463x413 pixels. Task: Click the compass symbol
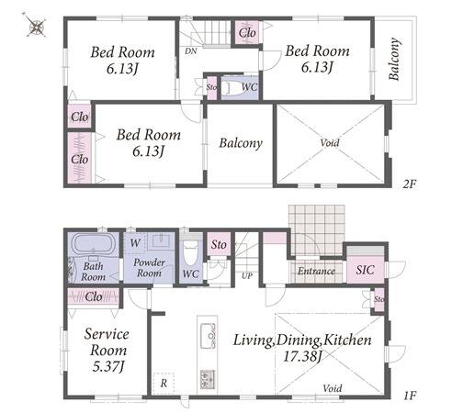tap(36, 26)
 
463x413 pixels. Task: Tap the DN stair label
tap(191, 51)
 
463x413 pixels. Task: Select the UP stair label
tap(247, 275)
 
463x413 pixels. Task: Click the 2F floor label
tap(409, 184)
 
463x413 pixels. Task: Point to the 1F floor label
tap(410, 396)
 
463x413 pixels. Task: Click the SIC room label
tap(365, 270)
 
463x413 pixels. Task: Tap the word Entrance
tap(316, 271)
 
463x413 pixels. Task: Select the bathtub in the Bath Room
tap(93, 244)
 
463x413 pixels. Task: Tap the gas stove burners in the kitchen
tap(208, 379)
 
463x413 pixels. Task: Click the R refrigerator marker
tap(164, 383)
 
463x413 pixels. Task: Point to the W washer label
tap(135, 243)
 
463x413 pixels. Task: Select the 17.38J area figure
tap(302, 356)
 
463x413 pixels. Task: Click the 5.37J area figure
tap(108, 366)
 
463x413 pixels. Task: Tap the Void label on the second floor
tap(330, 142)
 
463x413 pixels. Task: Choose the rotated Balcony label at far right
tap(394, 59)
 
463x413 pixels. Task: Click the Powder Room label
tap(149, 268)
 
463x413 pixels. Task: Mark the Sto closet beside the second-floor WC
tap(212, 87)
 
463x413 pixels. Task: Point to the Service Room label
tap(107, 341)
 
